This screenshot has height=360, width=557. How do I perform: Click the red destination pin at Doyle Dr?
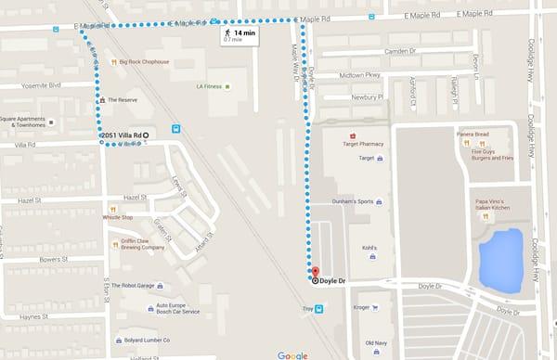(x=314, y=271)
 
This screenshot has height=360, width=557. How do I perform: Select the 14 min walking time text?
(x=244, y=32)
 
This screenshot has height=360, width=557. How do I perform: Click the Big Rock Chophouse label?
(x=144, y=62)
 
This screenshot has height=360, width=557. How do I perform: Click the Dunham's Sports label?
(x=353, y=201)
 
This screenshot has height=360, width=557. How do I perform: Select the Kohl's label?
(x=368, y=248)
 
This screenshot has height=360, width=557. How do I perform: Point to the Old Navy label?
(x=376, y=343)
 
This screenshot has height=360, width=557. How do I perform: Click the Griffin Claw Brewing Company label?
(x=142, y=244)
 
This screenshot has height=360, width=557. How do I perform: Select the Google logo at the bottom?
(x=292, y=354)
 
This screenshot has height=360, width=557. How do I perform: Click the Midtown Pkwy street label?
(x=360, y=75)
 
